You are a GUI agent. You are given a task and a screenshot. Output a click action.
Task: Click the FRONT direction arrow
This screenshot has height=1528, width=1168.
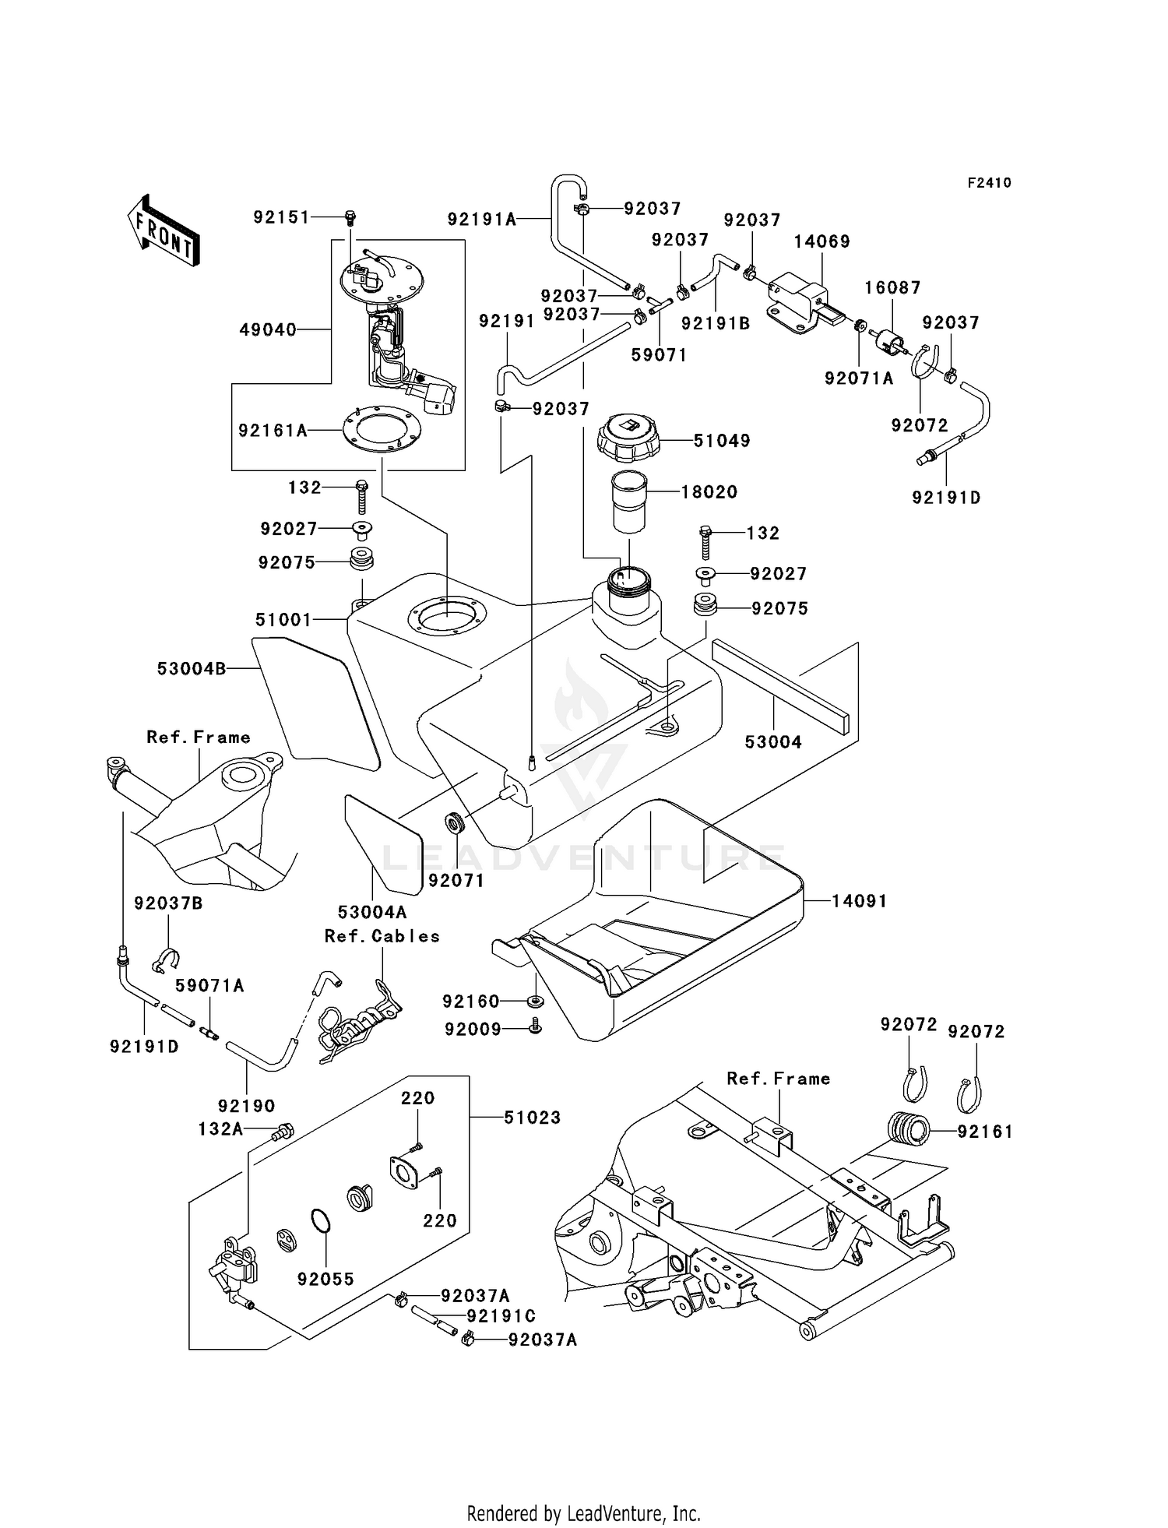click(164, 231)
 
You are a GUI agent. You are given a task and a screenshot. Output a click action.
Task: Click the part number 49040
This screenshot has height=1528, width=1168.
click(268, 330)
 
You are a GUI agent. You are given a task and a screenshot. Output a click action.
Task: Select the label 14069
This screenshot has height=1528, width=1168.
click(822, 241)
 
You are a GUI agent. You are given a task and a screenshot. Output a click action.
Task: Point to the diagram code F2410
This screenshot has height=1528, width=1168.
click(990, 183)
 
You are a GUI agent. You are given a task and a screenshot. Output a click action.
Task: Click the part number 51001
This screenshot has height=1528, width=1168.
click(283, 620)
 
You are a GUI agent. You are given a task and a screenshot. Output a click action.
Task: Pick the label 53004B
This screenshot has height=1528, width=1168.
click(192, 668)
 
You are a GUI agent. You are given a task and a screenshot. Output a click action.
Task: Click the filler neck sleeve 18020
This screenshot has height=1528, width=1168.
click(628, 501)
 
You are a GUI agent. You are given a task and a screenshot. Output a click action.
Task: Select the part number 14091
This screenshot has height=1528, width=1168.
click(860, 901)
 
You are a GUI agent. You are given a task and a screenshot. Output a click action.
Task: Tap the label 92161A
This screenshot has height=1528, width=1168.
click(273, 430)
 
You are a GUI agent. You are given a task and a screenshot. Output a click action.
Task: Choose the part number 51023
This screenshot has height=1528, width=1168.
click(533, 1118)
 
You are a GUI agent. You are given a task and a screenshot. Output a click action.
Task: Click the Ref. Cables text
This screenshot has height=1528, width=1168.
click(382, 936)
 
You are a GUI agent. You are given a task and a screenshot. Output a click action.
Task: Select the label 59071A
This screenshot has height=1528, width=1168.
click(209, 986)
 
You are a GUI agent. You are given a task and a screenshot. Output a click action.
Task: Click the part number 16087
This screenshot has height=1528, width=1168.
click(892, 287)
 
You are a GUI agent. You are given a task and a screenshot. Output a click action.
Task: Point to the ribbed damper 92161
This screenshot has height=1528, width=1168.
click(909, 1130)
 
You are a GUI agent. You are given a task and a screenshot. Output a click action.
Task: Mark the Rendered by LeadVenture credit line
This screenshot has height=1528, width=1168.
click(584, 1514)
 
